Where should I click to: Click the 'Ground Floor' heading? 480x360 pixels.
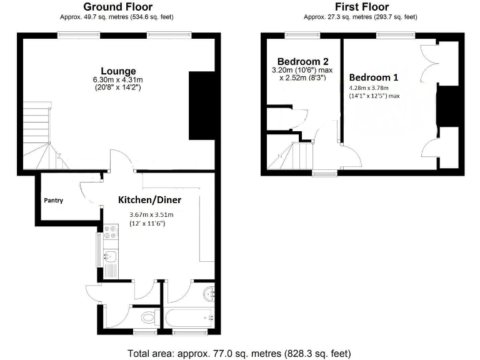click(x=118, y=7)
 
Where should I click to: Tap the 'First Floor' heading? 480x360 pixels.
click(x=360, y=7)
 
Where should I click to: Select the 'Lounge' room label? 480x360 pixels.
click(x=118, y=71)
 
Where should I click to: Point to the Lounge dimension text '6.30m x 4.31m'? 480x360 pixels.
click(x=118, y=79)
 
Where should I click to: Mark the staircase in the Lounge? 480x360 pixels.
click(x=39, y=140)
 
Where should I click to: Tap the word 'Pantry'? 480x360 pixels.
click(x=53, y=201)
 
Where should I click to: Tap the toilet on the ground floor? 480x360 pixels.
click(x=148, y=318)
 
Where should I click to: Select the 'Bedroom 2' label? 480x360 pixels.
click(x=303, y=62)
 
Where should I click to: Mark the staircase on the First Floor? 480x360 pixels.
click(x=292, y=155)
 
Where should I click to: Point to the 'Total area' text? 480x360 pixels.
click(x=239, y=353)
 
